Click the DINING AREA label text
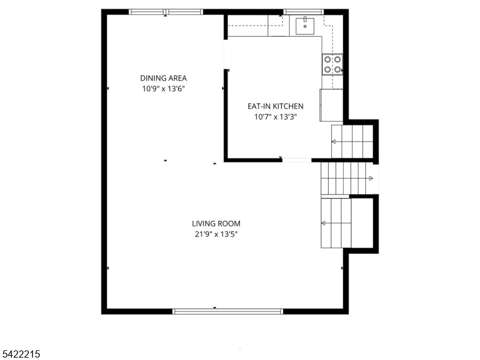(163, 78)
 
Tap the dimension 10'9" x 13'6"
(163, 89)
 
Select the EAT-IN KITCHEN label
(275, 106)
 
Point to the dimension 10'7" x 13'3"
(275, 117)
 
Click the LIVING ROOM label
(216, 224)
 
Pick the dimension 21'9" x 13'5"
(216, 235)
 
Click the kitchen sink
(305, 25)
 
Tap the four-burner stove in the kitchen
(332, 64)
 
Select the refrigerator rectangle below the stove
(331, 106)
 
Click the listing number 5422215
(21, 355)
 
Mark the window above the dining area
(166, 11)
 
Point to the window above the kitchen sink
(303, 11)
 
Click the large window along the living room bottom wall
(227, 311)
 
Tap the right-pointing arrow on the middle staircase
(370, 178)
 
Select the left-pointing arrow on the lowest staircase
(325, 223)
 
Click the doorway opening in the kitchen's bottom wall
(296, 160)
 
